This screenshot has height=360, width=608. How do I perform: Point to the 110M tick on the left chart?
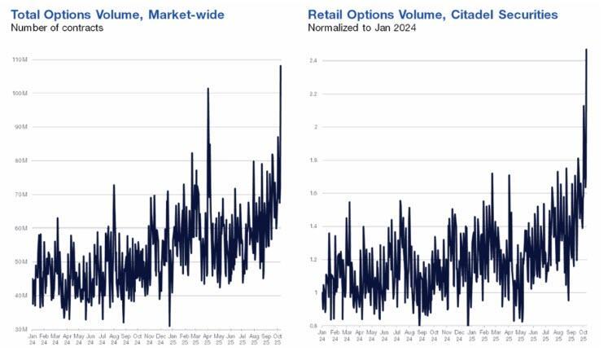(20, 60)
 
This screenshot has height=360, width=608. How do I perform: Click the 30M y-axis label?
(20, 328)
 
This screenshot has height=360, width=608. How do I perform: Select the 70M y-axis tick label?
(20, 195)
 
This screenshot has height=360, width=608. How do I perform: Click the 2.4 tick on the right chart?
(314, 60)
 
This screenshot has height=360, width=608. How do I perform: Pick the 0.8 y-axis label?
(314, 327)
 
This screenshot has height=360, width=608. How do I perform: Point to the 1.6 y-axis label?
(314, 194)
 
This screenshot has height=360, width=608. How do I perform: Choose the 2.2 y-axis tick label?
(314, 94)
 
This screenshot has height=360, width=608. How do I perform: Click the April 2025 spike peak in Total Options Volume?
(208, 89)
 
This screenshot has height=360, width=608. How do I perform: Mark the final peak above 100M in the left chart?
(281, 66)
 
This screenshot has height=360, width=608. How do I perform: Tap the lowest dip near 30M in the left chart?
(169, 326)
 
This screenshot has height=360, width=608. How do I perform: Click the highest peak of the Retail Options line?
(586, 50)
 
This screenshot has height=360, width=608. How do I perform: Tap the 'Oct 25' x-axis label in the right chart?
(583, 339)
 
